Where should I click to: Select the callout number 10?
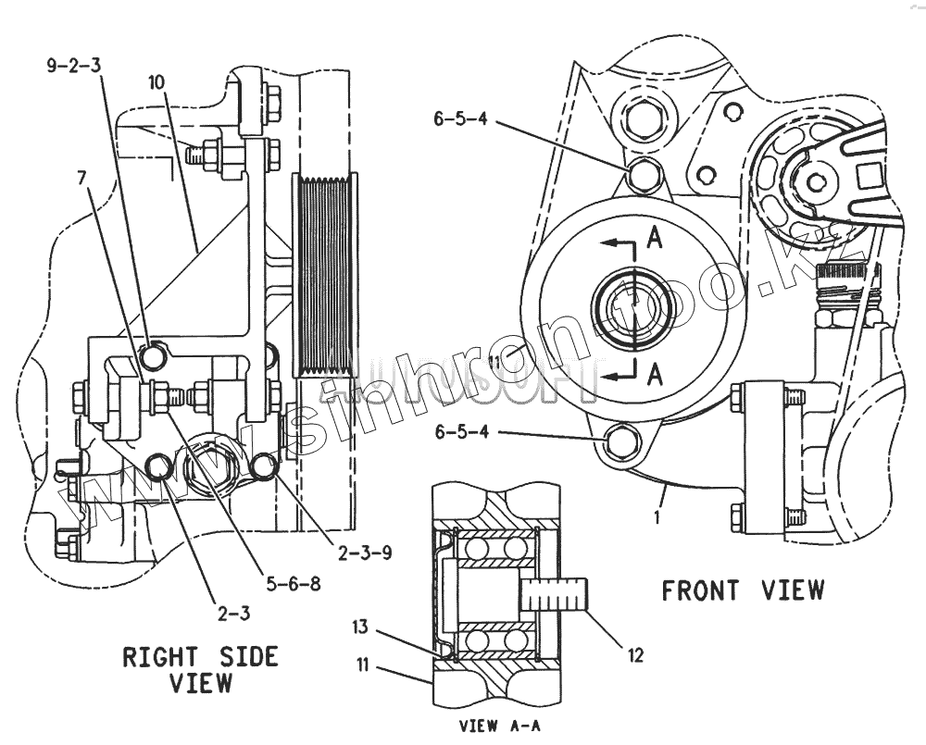156,81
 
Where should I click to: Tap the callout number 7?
84,175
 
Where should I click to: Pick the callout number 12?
634,655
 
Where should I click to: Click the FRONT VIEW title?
742,590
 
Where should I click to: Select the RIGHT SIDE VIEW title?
200,670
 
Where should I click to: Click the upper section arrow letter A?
654,239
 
